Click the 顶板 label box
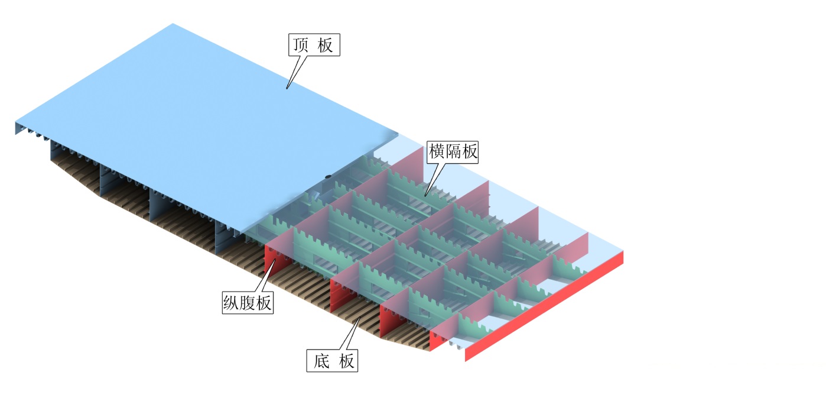point(315,45)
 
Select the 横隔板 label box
point(453,152)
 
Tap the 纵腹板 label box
point(248,303)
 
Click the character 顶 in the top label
point(301,45)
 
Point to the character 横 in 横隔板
point(437,152)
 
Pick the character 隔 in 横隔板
point(453,152)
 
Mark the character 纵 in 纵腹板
point(232,303)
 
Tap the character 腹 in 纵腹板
point(248,303)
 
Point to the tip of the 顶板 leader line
point(287,89)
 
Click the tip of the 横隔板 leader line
point(425,196)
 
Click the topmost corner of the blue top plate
point(173,24)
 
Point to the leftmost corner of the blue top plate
point(15,123)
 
